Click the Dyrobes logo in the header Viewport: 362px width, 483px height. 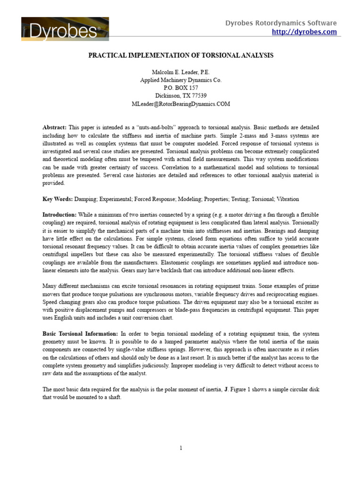65,29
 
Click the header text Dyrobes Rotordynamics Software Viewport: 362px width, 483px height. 280,23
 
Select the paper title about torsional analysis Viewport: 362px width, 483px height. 181,55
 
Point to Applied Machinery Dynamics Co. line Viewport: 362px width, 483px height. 181,80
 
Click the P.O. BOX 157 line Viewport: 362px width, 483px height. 181,88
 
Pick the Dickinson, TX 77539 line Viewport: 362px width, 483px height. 181,96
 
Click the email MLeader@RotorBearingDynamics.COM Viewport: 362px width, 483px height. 181,104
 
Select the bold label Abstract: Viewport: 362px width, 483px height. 55,127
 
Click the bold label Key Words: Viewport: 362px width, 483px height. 57,200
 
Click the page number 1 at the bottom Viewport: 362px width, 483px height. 181,448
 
